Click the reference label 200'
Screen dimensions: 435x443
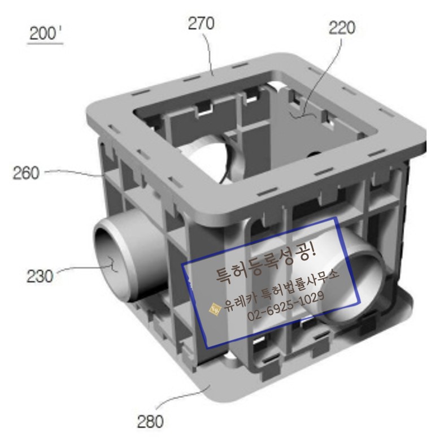point(45,33)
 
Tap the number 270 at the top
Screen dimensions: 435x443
point(201,24)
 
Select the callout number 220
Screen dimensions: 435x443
point(342,28)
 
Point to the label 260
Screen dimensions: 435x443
point(26,173)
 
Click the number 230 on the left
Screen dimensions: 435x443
point(40,276)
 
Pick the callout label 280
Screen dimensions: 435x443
point(150,422)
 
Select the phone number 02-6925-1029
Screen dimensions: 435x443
point(285,306)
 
